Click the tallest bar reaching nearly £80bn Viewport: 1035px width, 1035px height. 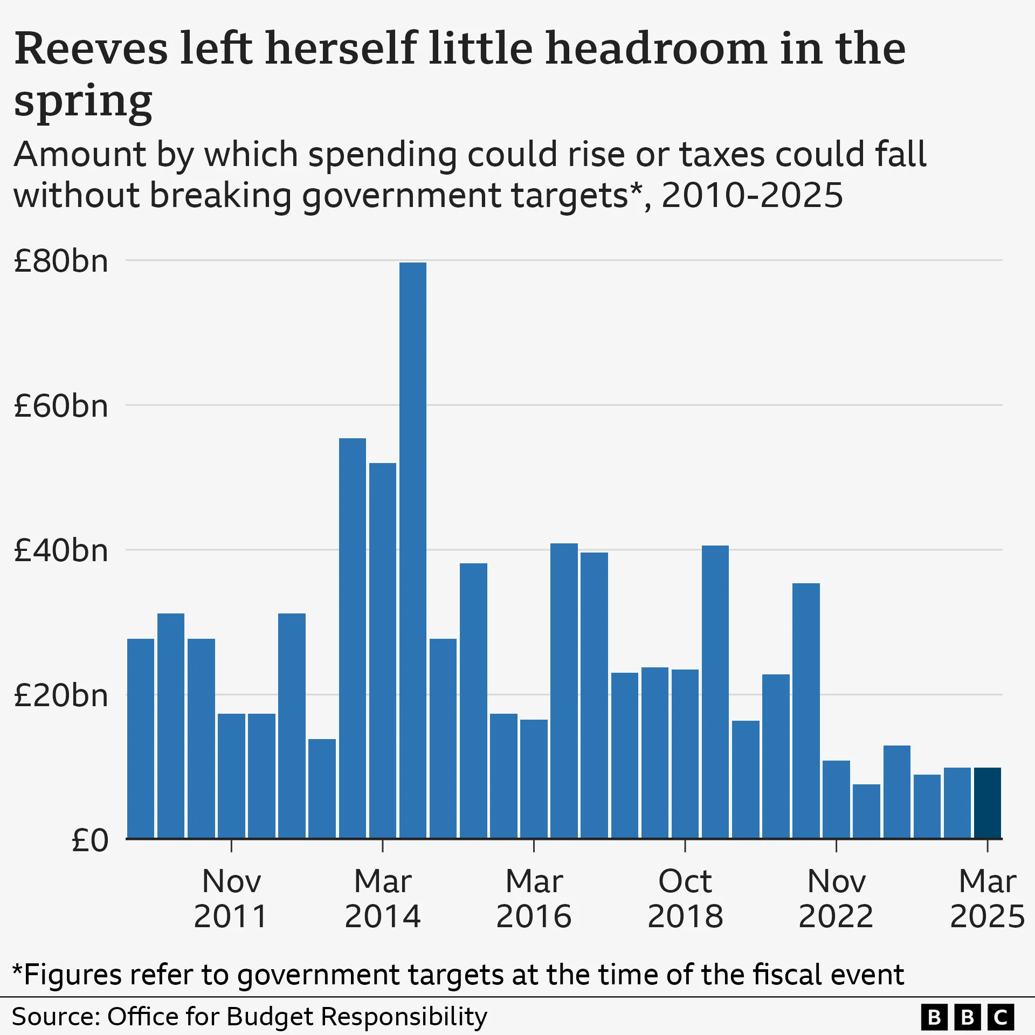click(x=412, y=550)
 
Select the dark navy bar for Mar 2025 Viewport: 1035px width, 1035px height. click(x=987, y=803)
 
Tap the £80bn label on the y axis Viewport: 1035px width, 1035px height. click(x=61, y=261)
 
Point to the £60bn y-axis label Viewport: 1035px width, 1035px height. click(x=61, y=406)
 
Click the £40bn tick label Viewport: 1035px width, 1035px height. click(x=61, y=551)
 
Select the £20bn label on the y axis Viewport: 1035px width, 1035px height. click(x=61, y=696)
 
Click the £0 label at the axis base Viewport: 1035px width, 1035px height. click(x=90, y=840)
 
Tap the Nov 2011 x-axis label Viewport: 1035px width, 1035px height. click(x=231, y=899)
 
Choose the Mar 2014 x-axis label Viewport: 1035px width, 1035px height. click(x=383, y=899)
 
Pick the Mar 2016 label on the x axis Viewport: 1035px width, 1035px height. click(x=534, y=899)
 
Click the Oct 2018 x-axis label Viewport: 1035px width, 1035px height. click(x=685, y=899)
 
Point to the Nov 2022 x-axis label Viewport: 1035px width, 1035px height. click(x=836, y=899)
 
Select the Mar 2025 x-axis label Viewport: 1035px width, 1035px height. click(x=987, y=899)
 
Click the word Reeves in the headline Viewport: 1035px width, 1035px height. click(x=91, y=50)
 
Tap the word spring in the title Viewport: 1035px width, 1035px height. click(x=83, y=102)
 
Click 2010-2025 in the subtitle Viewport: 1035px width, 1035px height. click(x=752, y=195)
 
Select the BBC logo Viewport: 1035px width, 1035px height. click(x=968, y=1017)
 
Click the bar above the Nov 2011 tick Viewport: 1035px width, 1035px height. click(x=231, y=776)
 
